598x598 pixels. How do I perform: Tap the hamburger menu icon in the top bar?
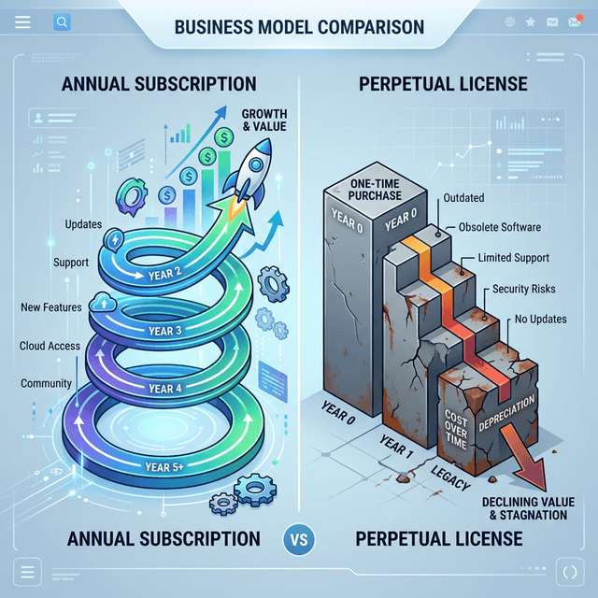coord(22,22)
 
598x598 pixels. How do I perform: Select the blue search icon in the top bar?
coord(62,22)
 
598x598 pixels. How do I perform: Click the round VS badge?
coord(299,539)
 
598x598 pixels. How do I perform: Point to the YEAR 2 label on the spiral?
coord(164,274)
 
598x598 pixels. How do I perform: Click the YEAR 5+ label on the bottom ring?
coord(164,467)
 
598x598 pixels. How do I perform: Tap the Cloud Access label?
coord(50,346)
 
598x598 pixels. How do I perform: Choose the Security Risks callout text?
coord(523,289)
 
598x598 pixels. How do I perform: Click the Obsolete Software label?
coord(500,227)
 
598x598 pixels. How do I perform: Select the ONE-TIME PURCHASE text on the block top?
coord(375,190)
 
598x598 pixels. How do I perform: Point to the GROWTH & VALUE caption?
coord(264,120)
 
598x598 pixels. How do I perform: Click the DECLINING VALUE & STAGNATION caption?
coord(528,508)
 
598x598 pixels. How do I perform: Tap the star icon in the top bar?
coord(530,22)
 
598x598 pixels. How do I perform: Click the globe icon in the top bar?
coord(509,22)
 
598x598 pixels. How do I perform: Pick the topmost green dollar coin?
coord(224,137)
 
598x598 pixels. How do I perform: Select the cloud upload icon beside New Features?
coord(103,303)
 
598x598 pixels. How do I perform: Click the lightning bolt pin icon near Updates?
coord(114,240)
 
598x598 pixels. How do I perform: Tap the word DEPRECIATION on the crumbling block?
coord(506,413)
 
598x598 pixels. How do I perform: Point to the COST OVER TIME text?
coord(456,430)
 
